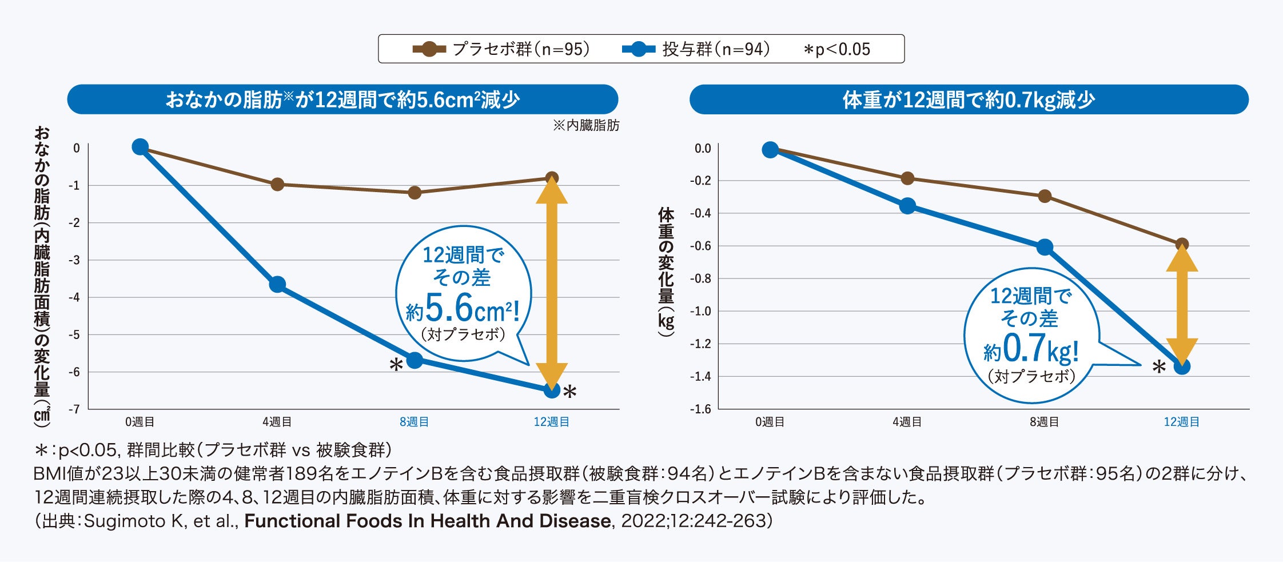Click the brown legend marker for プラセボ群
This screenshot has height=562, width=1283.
[x=429, y=49]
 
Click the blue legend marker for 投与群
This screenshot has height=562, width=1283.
[x=639, y=49]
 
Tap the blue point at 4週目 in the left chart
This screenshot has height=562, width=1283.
[x=277, y=284]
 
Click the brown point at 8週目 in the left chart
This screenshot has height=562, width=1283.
[x=415, y=193]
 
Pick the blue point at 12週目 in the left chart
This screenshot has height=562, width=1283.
[x=552, y=390]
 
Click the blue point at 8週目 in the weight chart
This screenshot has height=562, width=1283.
[x=1045, y=248]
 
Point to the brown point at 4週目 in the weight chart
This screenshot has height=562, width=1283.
[x=907, y=178]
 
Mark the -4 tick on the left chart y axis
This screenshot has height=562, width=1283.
[x=74, y=297]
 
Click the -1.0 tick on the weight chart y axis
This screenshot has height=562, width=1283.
[x=700, y=312]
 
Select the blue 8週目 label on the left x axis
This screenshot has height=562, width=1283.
[x=414, y=422]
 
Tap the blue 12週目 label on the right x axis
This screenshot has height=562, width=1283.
[x=1181, y=422]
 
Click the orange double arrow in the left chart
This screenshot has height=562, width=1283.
[x=552, y=283]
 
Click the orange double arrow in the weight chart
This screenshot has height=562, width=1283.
[x=1182, y=306]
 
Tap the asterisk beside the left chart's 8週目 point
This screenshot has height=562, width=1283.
[x=396, y=365]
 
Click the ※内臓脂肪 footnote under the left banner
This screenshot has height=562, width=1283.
[x=586, y=125]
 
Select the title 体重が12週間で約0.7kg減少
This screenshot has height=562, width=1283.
[x=969, y=100]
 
